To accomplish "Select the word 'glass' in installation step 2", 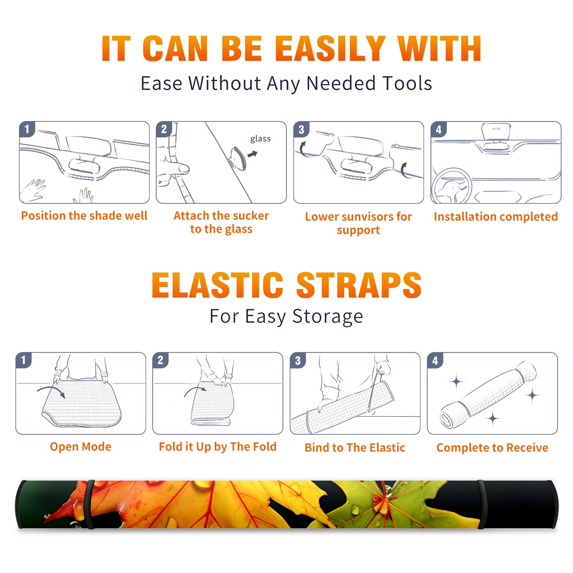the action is coord(260,139).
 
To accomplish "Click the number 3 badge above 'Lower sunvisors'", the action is coord(301,129).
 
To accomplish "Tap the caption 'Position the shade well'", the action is coord(84,216).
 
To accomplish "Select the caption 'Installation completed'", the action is coord(496,216).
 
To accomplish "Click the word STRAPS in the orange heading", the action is coord(359,285).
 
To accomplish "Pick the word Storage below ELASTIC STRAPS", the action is coord(328,317).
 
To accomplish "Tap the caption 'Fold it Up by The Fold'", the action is coord(218,447).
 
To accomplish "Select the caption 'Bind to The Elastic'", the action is coord(355,448).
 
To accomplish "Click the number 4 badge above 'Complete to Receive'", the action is coord(435,360).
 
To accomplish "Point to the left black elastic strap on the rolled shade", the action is coord(90,504).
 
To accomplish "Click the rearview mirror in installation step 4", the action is coord(496,132).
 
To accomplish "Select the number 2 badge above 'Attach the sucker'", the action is coord(164,129).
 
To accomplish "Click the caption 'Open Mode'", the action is coord(81,447).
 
